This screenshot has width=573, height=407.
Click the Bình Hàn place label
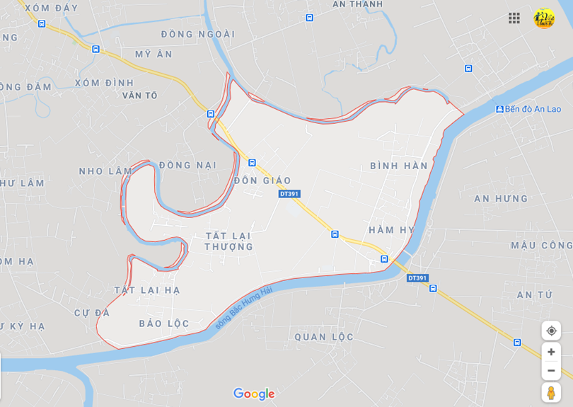coord(398,166)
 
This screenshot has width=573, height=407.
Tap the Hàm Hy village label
coord(391,230)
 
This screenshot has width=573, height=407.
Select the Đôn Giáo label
coord(262,180)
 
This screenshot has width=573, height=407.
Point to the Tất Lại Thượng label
coord(228,241)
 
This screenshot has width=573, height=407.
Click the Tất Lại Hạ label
coord(147,290)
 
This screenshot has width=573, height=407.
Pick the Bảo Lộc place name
coord(163,323)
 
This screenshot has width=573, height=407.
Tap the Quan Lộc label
coord(323,337)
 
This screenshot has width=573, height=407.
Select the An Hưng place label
coord(501,199)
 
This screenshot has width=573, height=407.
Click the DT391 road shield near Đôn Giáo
coord(289,193)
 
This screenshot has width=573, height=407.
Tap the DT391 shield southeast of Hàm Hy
coord(417,278)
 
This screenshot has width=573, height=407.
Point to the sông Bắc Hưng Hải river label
coord(243,307)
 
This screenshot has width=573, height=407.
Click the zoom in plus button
coord(551,352)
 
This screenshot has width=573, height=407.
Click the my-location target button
coord(551,331)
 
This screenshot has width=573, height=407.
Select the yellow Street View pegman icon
coord(551,392)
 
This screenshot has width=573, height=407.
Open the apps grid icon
coord(514,18)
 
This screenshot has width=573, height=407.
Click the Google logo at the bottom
coord(253,394)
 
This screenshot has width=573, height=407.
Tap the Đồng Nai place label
coord(187,165)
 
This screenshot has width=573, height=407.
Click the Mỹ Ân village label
coord(154,54)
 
